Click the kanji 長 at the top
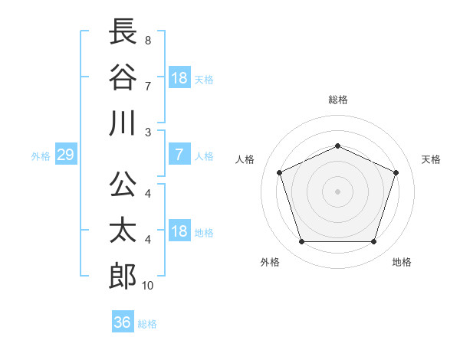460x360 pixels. tap(123, 31)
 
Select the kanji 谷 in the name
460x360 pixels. tap(123, 77)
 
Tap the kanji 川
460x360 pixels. tap(123, 123)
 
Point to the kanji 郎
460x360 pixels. tap(123, 277)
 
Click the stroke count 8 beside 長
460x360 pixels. tap(148, 41)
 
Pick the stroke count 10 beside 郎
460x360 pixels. tap(147, 286)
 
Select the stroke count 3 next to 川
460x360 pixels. tap(148, 133)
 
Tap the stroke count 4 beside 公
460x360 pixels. tap(148, 194)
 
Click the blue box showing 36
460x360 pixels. tap(123, 321)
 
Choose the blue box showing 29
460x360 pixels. tap(66, 154)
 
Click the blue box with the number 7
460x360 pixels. tap(180, 154)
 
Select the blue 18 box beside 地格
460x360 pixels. tap(180, 230)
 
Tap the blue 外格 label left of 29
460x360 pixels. tap(41, 156)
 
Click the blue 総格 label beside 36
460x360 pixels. tap(147, 324)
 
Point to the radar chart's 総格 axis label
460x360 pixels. tap(338, 100)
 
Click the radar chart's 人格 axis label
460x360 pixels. tap(245, 159)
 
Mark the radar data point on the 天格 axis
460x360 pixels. tap(396, 172)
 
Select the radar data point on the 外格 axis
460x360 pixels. tap(302, 241)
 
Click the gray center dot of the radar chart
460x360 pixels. tap(337, 191)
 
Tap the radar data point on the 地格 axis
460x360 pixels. tap(373, 241)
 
